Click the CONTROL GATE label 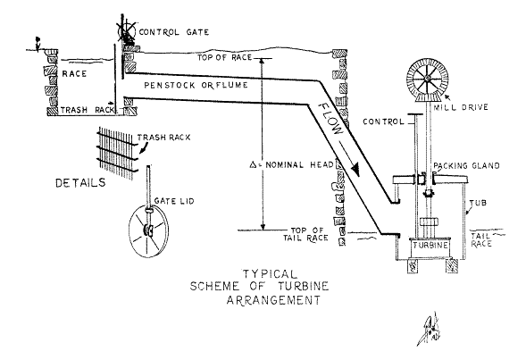(174, 32)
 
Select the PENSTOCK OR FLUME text (196, 85)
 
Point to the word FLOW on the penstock (330, 119)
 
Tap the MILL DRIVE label (461, 108)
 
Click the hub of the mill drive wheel (427, 79)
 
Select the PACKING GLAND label (467, 166)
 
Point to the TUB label (478, 203)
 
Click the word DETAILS (80, 183)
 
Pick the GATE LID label (174, 201)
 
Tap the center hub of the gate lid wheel (148, 230)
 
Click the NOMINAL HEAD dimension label (292, 164)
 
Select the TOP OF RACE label (224, 57)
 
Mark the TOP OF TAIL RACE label (305, 235)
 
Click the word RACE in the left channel (74, 73)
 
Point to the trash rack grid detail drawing (117, 154)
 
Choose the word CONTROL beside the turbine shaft (383, 121)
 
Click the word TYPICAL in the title (270, 274)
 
